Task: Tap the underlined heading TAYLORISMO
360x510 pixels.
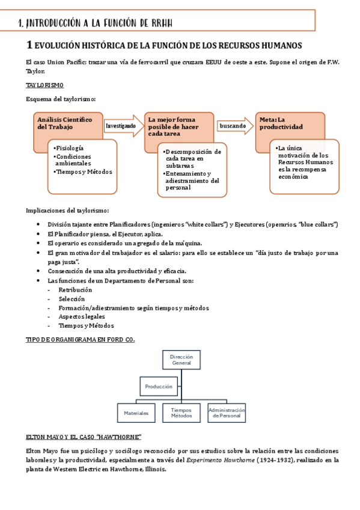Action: pos(45,85)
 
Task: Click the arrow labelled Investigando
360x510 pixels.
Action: pos(123,126)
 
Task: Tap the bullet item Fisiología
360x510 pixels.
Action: pos(70,148)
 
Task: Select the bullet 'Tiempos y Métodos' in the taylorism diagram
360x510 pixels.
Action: pos(84,171)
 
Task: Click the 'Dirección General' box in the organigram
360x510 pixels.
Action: pos(181,360)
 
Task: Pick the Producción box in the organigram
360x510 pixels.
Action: pos(159,386)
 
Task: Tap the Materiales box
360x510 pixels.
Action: pos(136,413)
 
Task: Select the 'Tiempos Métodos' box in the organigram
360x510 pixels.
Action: pos(181,413)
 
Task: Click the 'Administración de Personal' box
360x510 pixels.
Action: pos(227,413)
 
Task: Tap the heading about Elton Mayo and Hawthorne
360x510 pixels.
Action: pos(84,436)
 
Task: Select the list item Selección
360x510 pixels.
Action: pos(72,298)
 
